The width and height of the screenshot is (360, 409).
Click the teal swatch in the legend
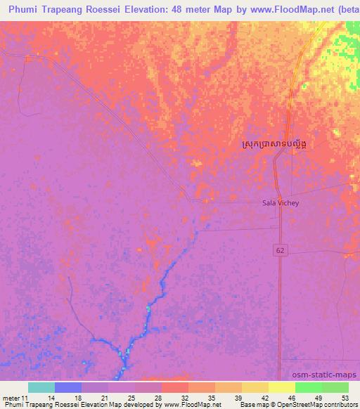pos(41,387)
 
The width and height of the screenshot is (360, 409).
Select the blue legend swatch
pos(68,387)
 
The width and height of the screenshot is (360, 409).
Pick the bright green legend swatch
pos(308,387)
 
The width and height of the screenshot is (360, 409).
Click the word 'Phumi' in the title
pos(23,8)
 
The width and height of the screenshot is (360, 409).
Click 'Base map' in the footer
pos(252,405)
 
